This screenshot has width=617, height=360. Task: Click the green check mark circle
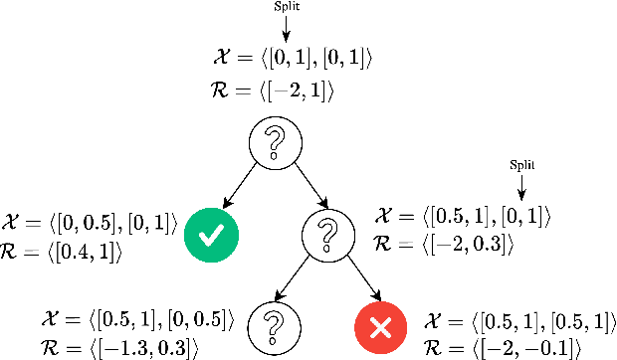(x=212, y=236)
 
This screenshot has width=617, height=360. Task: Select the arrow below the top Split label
(x=285, y=28)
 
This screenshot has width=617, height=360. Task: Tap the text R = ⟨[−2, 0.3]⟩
(x=443, y=244)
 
